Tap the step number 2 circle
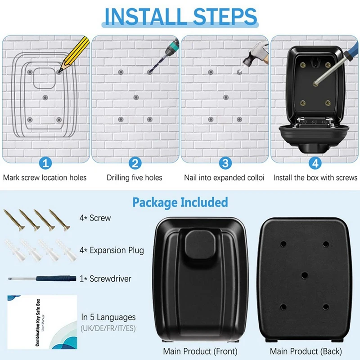[x=135, y=162]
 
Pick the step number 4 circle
[x=315, y=162]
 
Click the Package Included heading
[x=180, y=202]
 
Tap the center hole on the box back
[x=304, y=275]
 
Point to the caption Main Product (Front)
[x=200, y=351]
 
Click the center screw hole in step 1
[x=45, y=97]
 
